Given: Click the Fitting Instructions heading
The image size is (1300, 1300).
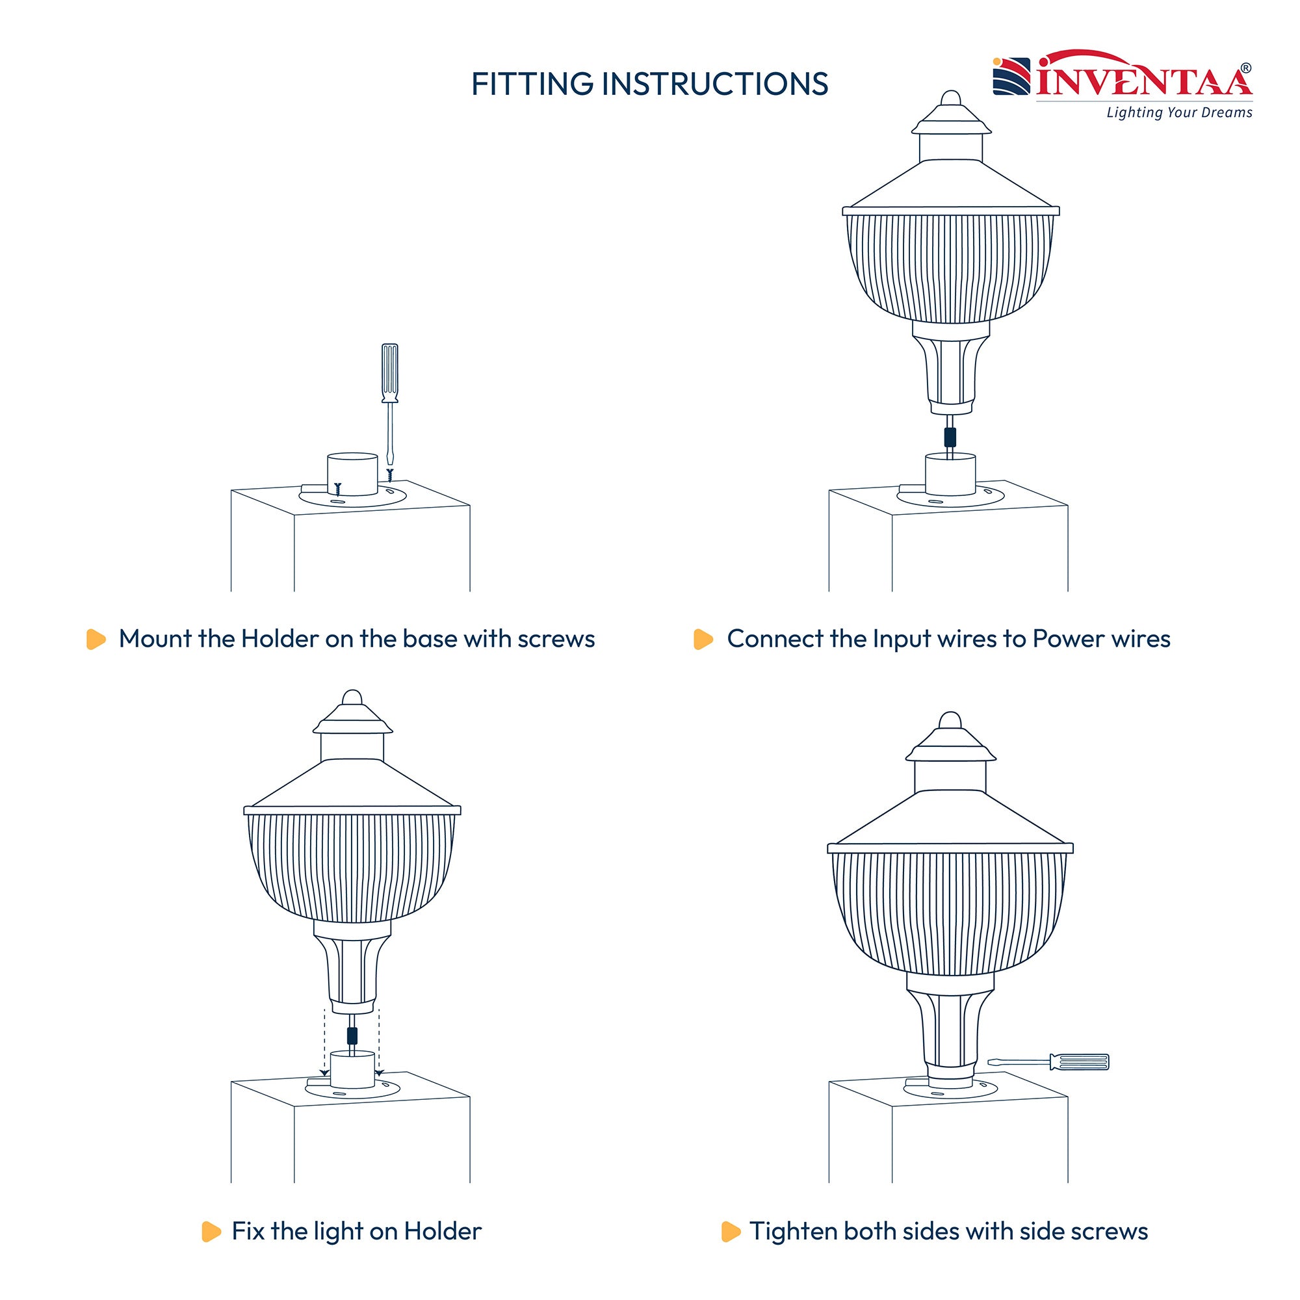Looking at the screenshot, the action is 649,84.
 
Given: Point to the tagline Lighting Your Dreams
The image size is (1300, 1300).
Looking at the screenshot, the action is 1180,112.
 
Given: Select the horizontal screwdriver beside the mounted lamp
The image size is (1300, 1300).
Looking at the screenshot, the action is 1048,1062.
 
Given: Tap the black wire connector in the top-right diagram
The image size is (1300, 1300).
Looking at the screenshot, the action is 950,437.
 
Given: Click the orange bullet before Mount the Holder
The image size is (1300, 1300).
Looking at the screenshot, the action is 96,639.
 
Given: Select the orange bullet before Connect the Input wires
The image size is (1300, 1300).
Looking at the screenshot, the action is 703,639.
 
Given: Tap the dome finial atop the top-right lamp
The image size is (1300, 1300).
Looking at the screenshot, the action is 951,98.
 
